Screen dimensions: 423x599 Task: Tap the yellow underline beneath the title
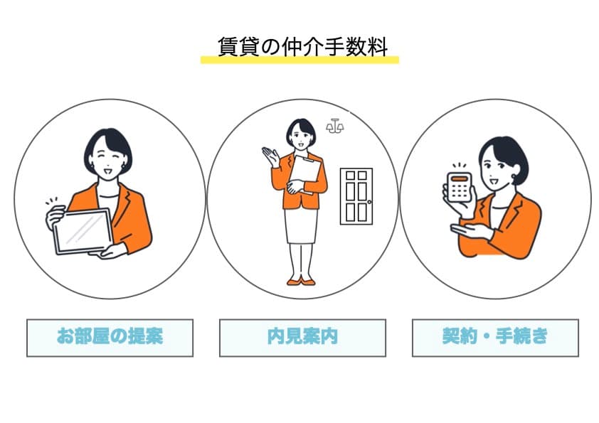(299, 60)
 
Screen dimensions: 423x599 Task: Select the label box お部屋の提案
(110, 337)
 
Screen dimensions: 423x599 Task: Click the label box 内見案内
(302, 337)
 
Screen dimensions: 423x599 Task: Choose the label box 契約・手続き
(495, 337)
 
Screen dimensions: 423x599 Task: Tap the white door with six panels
(356, 196)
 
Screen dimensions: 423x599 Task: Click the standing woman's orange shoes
(299, 282)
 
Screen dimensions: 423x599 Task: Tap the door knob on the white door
(369, 202)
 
